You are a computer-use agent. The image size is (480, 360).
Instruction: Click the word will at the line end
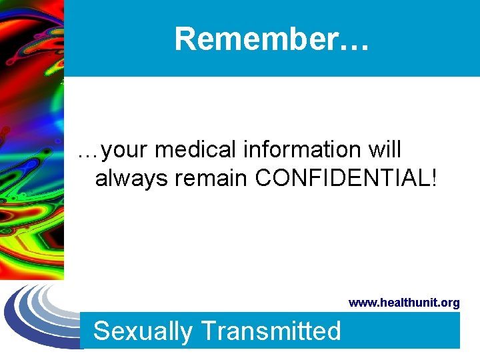[385, 150]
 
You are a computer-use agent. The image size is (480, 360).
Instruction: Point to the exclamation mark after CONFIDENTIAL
[433, 178]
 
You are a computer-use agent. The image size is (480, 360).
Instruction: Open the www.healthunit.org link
[404, 303]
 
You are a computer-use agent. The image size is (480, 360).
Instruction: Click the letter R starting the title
[184, 39]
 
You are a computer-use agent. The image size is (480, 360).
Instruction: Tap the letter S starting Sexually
[101, 331]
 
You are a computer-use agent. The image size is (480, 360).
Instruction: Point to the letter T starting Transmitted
[207, 331]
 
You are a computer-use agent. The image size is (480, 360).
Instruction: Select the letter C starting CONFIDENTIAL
[265, 178]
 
